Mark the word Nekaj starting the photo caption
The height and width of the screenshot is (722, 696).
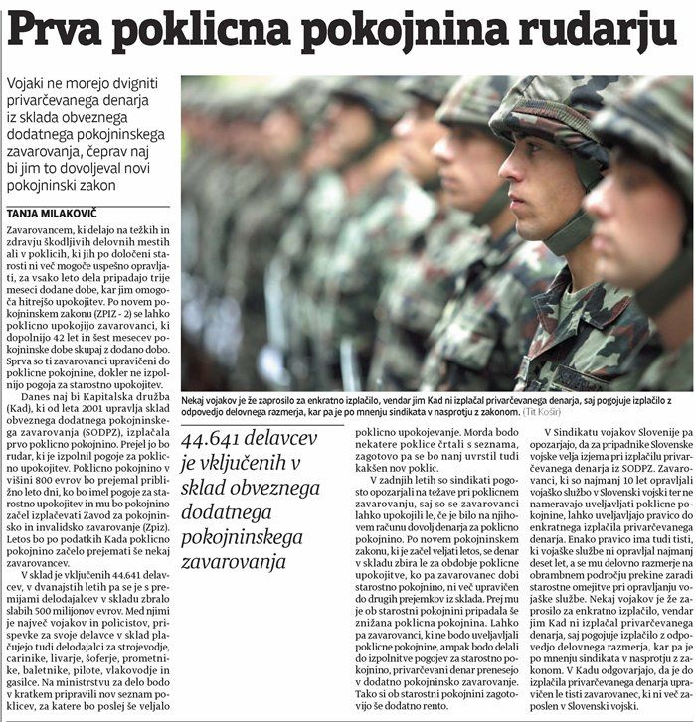(x=201, y=396)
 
